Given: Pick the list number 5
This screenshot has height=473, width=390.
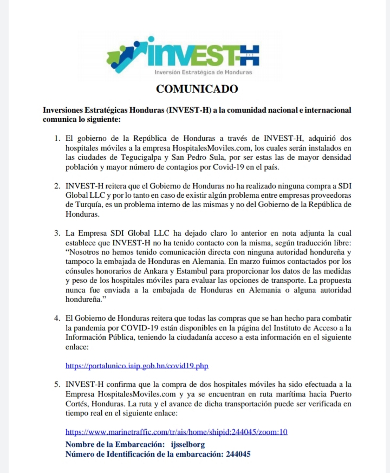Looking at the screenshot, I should (x=57, y=384).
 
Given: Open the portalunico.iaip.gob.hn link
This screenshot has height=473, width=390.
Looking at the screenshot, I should (x=136, y=366).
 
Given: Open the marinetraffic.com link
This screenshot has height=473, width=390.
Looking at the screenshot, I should (x=176, y=432).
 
